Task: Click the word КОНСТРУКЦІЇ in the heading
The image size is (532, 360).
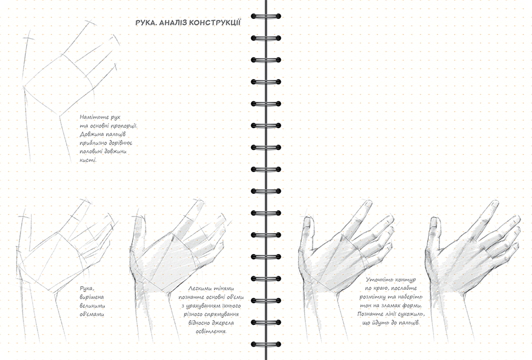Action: [215, 22]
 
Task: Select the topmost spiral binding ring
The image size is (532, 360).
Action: [266, 16]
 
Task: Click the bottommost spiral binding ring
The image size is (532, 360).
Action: [266, 344]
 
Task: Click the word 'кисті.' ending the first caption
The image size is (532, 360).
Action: [88, 160]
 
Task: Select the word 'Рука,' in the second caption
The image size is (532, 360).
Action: [87, 289]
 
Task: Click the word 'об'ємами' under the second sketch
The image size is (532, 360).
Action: [91, 314]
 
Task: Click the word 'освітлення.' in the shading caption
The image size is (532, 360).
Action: [211, 331]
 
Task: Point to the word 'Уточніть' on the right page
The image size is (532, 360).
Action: [377, 280]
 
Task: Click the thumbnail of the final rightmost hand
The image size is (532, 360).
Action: [434, 222]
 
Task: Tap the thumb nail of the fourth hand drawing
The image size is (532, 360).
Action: [307, 223]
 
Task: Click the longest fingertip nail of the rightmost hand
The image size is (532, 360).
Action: [495, 204]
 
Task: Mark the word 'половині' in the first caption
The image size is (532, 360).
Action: [93, 152]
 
